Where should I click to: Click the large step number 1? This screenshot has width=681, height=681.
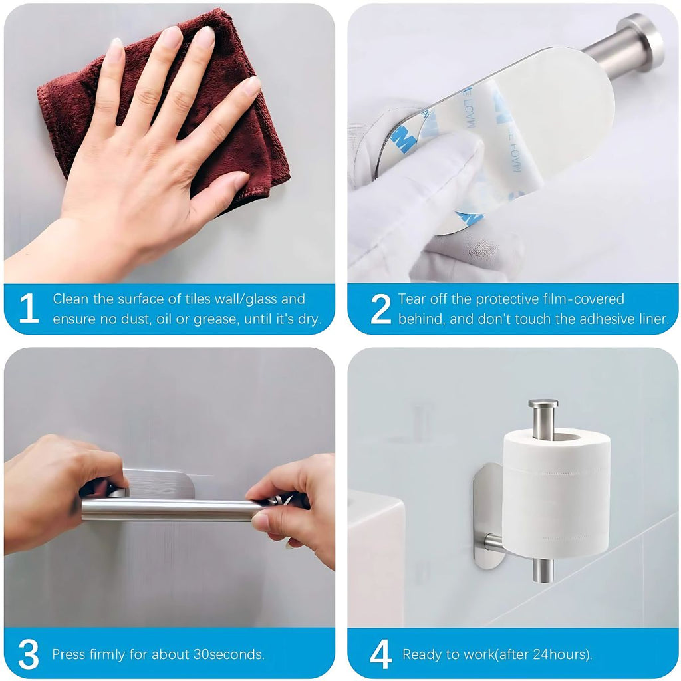[x=28, y=308]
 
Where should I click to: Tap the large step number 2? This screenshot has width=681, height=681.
[x=380, y=308]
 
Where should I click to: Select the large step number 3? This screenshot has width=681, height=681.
[x=29, y=654]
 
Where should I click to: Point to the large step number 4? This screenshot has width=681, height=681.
[x=381, y=654]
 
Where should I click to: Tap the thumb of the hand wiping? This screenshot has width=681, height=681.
[x=219, y=191]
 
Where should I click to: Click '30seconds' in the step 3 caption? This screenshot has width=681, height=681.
[x=229, y=654]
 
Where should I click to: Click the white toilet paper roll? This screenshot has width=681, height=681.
[x=557, y=493]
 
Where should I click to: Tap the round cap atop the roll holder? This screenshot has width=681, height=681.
[x=543, y=404]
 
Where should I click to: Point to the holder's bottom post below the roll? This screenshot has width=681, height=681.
[x=543, y=569]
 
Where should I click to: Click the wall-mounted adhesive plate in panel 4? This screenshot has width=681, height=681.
[x=487, y=516]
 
